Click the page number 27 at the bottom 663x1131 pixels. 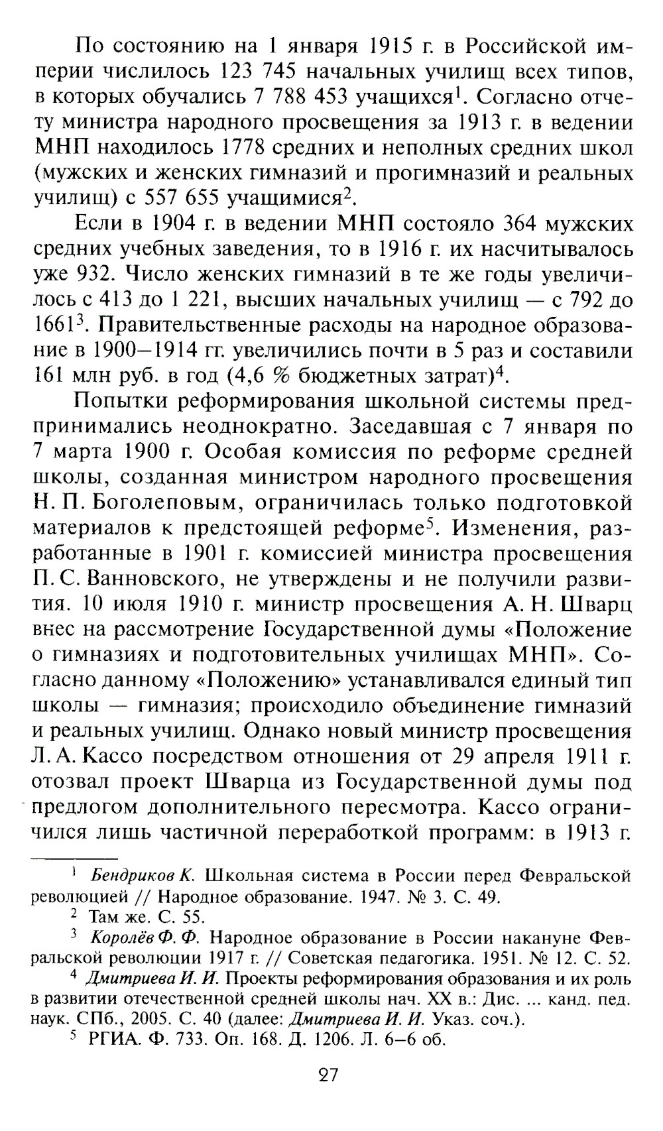pyautogui.click(x=328, y=1075)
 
